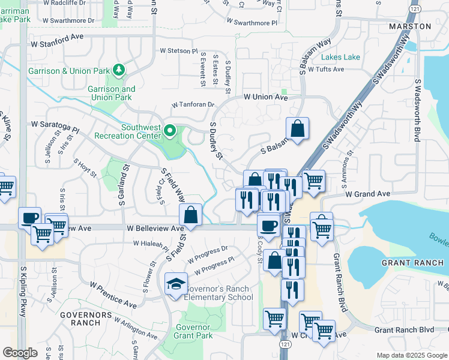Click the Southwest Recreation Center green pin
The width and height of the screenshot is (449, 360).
point(170,130)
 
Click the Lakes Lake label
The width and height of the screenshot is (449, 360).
point(340,57)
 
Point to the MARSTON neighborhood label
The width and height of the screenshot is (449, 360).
point(410,27)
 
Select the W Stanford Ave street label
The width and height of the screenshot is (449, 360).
point(56,36)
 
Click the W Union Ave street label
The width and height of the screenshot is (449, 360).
point(265,97)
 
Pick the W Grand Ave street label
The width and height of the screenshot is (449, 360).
point(367,194)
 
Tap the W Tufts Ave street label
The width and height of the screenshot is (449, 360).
point(326,69)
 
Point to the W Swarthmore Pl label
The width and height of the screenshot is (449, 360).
point(252,23)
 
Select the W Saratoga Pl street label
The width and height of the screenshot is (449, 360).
point(55,128)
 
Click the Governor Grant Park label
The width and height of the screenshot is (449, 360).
point(194,331)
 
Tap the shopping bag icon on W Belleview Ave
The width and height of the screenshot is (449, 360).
point(190,216)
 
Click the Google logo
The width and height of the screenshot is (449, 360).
point(20,353)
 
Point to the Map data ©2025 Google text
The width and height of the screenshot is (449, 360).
point(412,355)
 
